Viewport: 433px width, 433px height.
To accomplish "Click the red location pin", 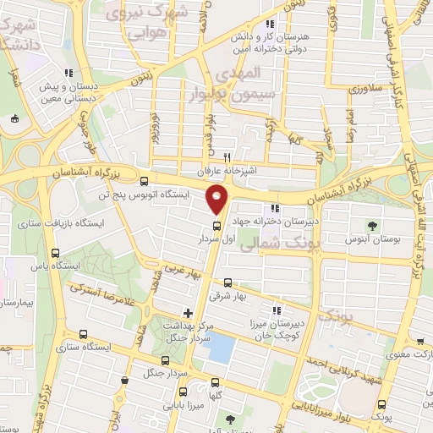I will pyautogui.click(x=217, y=201).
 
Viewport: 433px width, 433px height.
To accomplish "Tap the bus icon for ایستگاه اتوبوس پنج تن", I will pyautogui.click(x=145, y=180).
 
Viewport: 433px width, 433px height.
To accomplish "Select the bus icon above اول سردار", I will pyautogui.click(x=217, y=226).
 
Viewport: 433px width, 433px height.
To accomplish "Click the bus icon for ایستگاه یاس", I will pyautogui.click(x=56, y=253).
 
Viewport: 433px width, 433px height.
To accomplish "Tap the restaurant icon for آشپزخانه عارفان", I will pyautogui.click(x=226, y=158).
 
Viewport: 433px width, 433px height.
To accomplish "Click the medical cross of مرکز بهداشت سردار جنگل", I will pyautogui.click(x=188, y=313).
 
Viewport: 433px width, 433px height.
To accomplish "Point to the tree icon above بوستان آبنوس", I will pyautogui.click(x=372, y=225).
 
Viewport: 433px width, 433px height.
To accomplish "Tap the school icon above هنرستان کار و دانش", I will pyautogui.click(x=270, y=25).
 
